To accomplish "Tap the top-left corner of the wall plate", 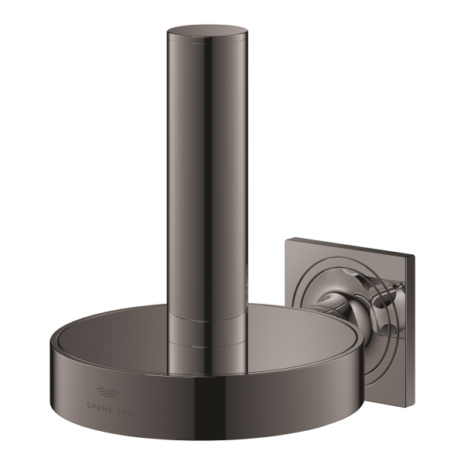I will coord(287,240).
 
